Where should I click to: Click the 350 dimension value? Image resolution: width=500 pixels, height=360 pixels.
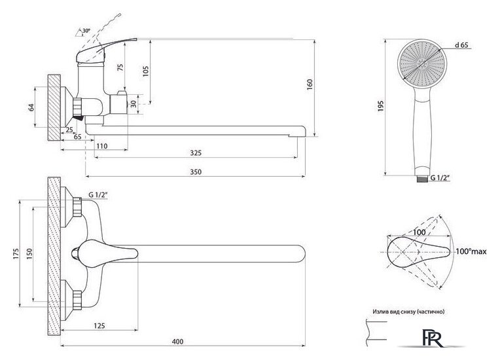pyautogui.click(x=196, y=172)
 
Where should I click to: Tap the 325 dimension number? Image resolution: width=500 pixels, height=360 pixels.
pyautogui.click(x=196, y=153)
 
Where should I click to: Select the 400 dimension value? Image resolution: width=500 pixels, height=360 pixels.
pyautogui.click(x=177, y=342)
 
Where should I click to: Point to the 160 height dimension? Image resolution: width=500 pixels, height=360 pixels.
pyautogui.click(x=310, y=84)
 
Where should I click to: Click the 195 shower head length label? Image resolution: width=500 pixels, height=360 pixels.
pyautogui.click(x=380, y=106)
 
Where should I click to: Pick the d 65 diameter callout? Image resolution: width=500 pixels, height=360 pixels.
pyautogui.click(x=461, y=45)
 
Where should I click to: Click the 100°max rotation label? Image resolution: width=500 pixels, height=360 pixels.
pyautogui.click(x=471, y=251)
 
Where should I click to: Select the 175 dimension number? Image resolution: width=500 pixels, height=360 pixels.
pyautogui.click(x=16, y=253)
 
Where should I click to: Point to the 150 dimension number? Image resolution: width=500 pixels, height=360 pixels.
pyautogui.click(x=29, y=254)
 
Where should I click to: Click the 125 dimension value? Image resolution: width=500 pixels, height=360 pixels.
pyautogui.click(x=99, y=325)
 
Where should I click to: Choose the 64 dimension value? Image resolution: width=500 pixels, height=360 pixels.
pyautogui.click(x=31, y=107)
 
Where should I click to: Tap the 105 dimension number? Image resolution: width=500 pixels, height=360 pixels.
pyautogui.click(x=145, y=72)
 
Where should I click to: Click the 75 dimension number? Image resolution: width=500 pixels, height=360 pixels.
pyautogui.click(x=120, y=67)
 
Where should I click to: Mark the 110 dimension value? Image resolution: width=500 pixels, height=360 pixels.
pyautogui.click(x=101, y=146)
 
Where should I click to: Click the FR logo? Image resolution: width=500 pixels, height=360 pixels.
pyautogui.click(x=433, y=338)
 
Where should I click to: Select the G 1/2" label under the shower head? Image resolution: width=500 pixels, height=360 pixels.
pyautogui.click(x=440, y=178)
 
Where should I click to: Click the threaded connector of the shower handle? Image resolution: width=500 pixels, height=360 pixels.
pyautogui.click(x=422, y=179)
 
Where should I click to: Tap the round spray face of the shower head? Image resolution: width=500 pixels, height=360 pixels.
pyautogui.click(x=423, y=63)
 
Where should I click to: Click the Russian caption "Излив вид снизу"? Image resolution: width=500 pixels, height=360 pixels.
pyautogui.click(x=395, y=312)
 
